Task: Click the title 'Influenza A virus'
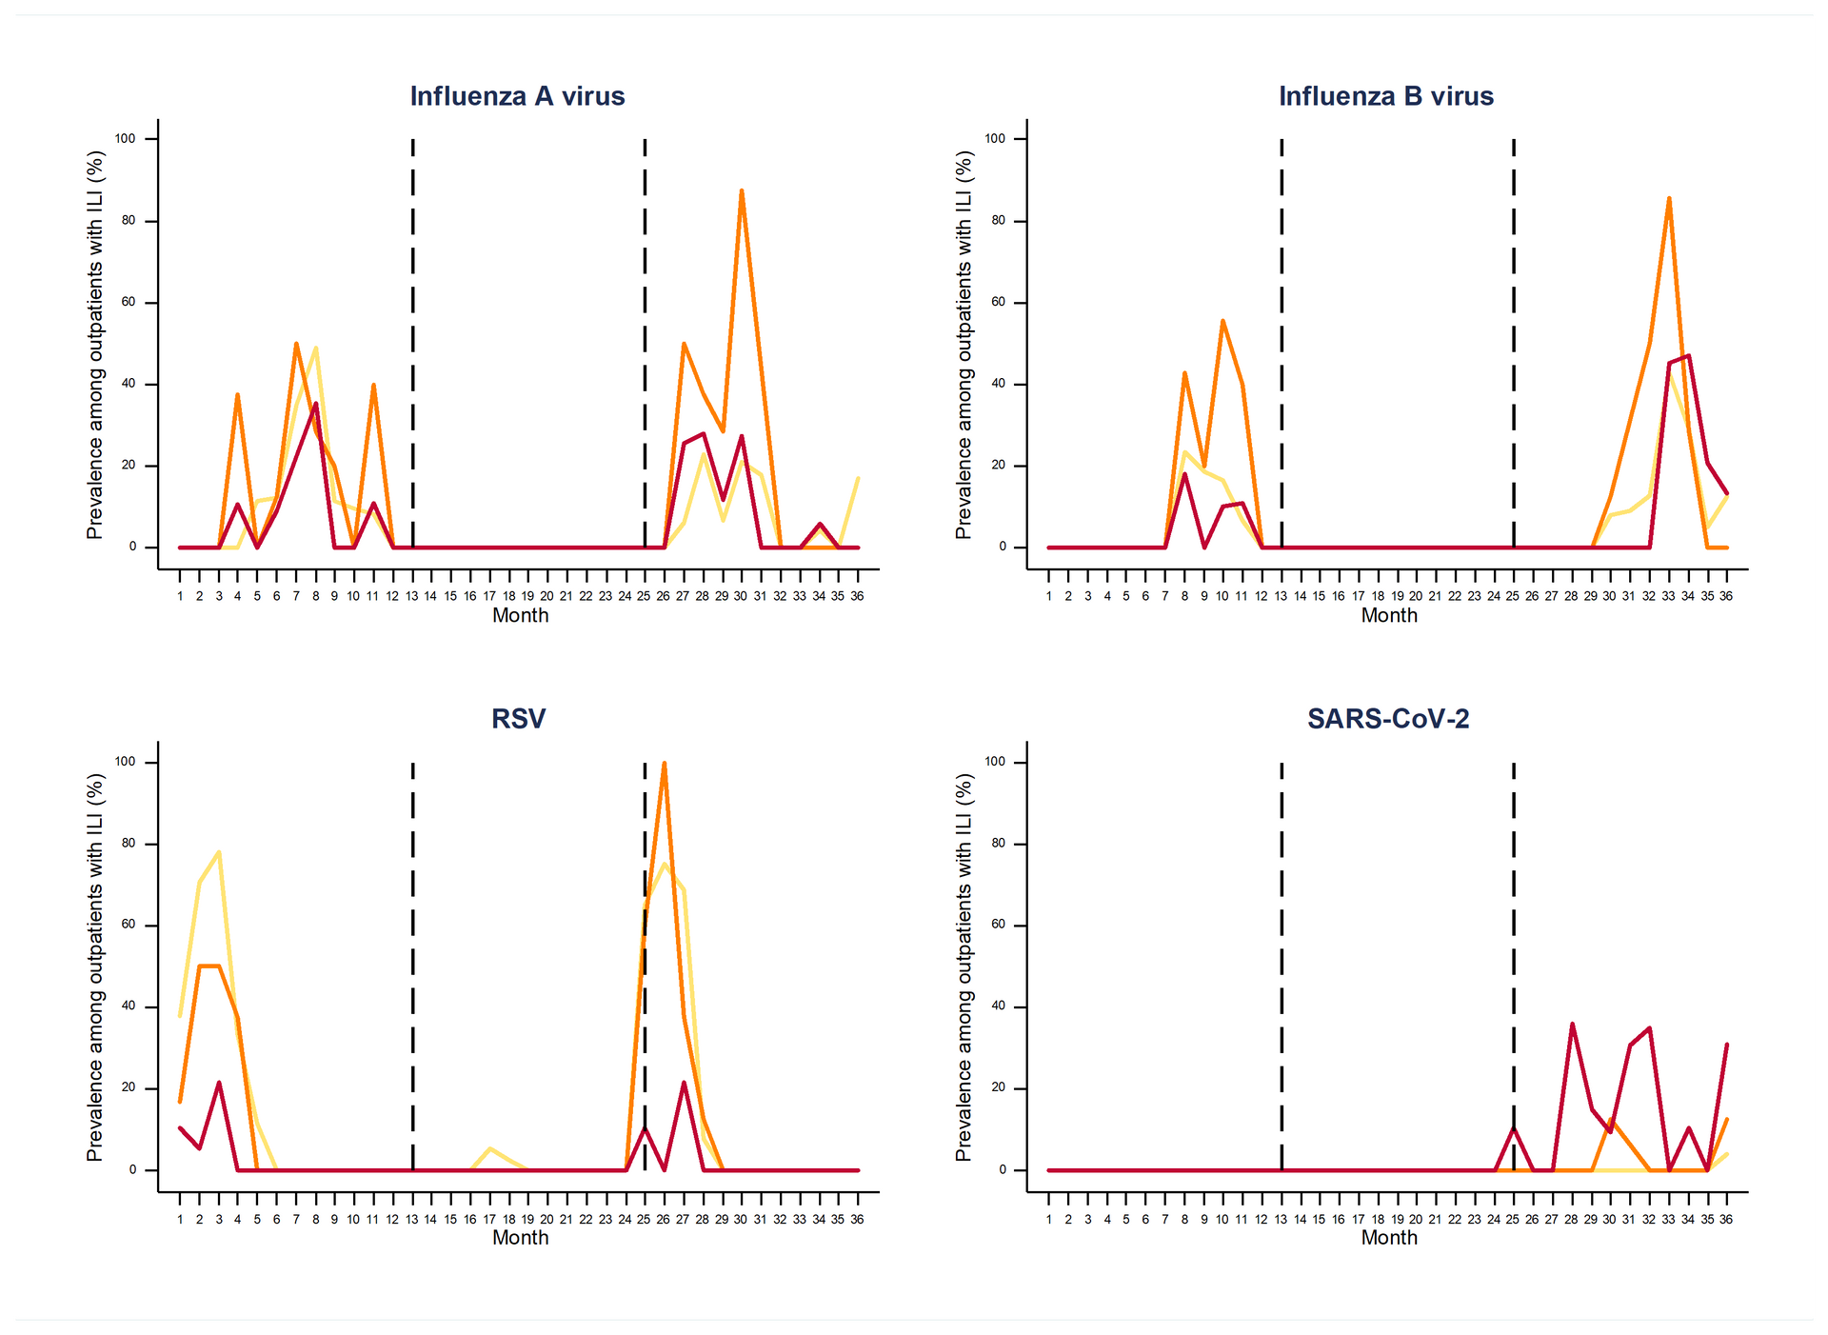[x=517, y=96]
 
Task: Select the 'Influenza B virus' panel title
[x=1385, y=96]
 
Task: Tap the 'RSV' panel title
[x=518, y=718]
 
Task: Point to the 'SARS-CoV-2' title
[x=1387, y=718]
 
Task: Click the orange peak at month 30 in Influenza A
[x=741, y=191]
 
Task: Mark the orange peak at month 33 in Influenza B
[x=1668, y=199]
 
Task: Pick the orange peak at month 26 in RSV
[x=664, y=764]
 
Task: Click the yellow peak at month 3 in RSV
[x=219, y=852]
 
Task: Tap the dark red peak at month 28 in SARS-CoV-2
[x=1572, y=1025]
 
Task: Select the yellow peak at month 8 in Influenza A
[x=315, y=349]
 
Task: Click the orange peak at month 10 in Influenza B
[x=1222, y=322]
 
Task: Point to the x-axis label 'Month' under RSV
[x=520, y=1237]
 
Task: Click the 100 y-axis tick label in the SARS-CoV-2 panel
[x=994, y=762]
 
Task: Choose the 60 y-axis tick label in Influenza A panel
[x=126, y=303]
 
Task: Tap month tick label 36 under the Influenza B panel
[x=1726, y=596]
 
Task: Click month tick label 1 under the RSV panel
[x=180, y=1219]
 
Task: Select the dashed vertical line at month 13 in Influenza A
[x=412, y=343]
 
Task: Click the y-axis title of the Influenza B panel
[x=964, y=345]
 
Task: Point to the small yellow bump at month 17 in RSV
[x=489, y=1149]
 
